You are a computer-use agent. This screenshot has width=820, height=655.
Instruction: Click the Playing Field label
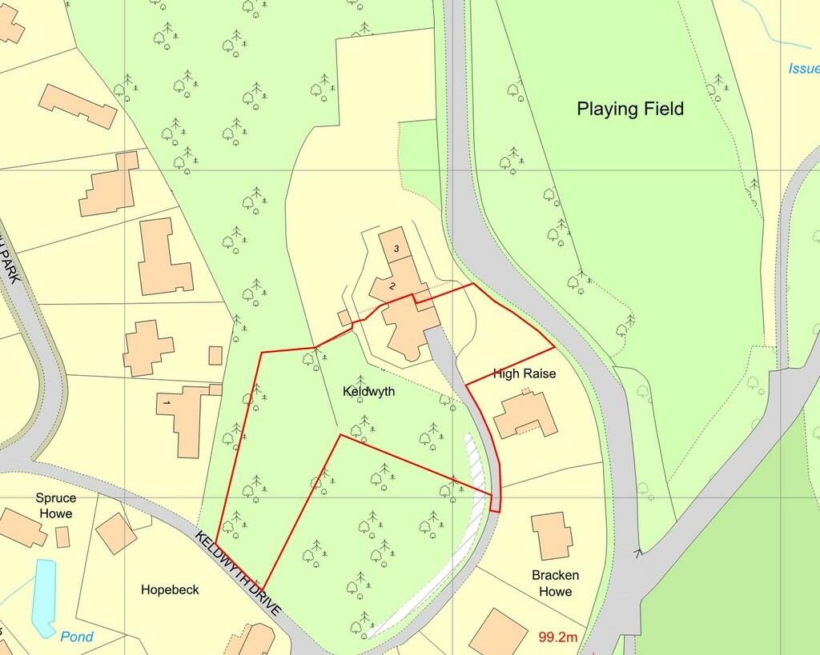(630, 110)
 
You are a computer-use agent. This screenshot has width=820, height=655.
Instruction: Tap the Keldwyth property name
(368, 393)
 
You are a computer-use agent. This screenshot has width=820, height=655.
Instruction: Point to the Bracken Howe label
(555, 583)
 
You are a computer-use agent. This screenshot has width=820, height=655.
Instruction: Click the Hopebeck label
(170, 590)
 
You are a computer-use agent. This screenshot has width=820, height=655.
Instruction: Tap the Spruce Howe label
(55, 505)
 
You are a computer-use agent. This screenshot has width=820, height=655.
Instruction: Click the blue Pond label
(77, 637)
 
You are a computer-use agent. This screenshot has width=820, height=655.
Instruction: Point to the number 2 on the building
(392, 286)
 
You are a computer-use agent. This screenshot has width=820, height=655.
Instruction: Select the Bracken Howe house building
(553, 536)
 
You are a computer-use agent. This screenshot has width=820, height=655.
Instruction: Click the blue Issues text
(803, 69)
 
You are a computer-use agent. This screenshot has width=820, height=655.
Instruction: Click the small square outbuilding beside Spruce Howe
(62, 537)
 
